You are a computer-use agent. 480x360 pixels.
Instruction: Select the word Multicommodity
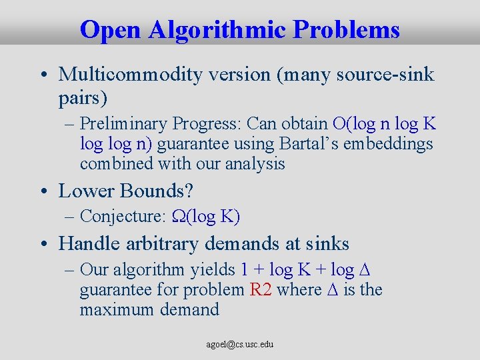(x=130, y=75)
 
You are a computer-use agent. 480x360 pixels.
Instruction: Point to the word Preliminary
(x=123, y=124)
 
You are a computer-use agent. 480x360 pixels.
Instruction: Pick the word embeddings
(x=389, y=144)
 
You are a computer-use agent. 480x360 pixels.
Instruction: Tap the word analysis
(x=255, y=163)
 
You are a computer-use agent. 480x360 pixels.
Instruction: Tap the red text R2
(x=260, y=290)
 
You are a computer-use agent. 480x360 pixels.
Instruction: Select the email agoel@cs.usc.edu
(x=240, y=344)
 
